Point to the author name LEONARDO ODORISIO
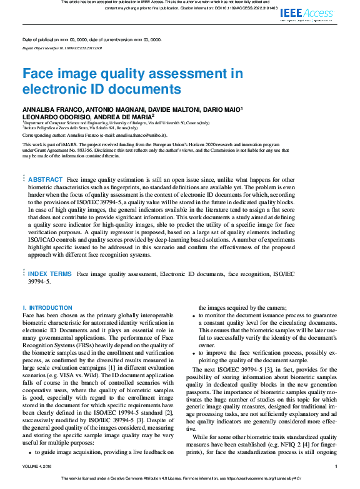click(x=53, y=116)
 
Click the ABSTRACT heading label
click(x=46, y=179)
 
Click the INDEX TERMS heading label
click(x=50, y=274)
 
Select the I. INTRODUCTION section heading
click(x=47, y=308)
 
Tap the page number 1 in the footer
click(x=336, y=466)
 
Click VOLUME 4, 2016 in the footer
click(x=41, y=466)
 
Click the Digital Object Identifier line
click(x=62, y=47)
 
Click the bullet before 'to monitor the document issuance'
click(x=194, y=317)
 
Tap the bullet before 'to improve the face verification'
click(x=194, y=353)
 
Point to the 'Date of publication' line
click(x=91, y=39)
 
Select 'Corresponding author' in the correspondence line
click(x=46, y=135)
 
